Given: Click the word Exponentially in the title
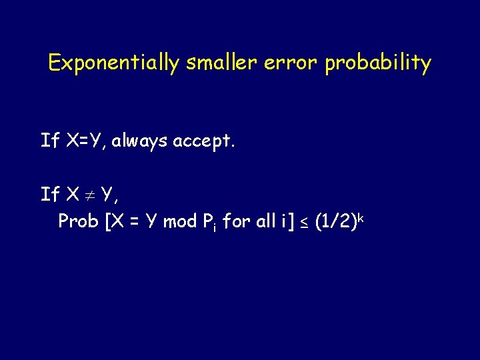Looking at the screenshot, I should click(113, 63).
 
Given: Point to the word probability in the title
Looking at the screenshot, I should click(378, 63).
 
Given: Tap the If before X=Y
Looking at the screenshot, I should click(49, 140).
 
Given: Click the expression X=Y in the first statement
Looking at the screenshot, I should click(85, 140).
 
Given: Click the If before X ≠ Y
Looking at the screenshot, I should click(49, 194).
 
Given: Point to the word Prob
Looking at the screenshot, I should click(78, 221).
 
